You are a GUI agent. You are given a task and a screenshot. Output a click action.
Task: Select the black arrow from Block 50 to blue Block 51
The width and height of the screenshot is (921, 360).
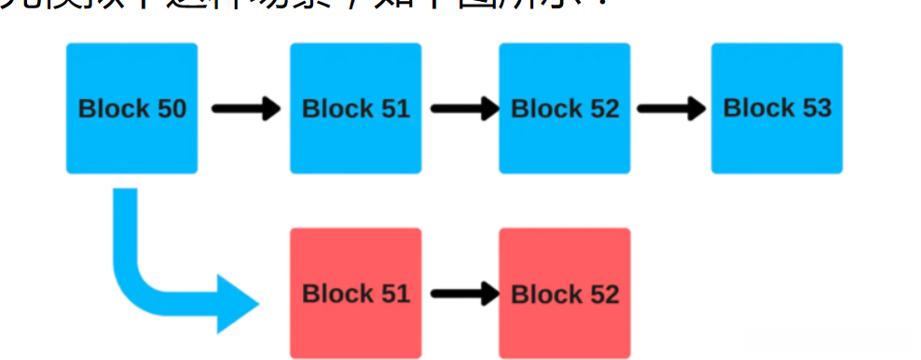click(245, 108)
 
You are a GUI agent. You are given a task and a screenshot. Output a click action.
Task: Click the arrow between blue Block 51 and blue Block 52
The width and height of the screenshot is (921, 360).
click(463, 108)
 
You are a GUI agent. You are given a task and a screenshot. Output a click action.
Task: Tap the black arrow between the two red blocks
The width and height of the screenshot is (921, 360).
click(463, 295)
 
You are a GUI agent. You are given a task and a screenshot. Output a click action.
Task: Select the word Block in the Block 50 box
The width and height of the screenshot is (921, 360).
click(111, 109)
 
